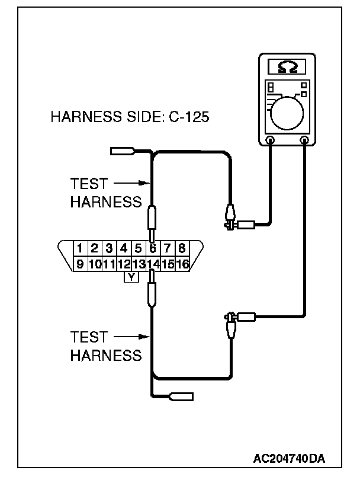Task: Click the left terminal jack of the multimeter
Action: pyautogui.click(x=271, y=140)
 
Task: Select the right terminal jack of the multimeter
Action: pyautogui.click(x=306, y=140)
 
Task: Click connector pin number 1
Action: pyautogui.click(x=79, y=248)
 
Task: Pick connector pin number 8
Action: pyautogui.click(x=182, y=248)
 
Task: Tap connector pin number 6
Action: pyautogui.click(x=153, y=248)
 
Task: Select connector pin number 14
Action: pyautogui.click(x=153, y=264)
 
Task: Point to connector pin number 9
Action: pyautogui.click(x=79, y=264)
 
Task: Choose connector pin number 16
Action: pyautogui.click(x=182, y=264)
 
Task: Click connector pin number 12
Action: pyautogui.click(x=124, y=264)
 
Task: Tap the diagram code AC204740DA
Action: pyautogui.click(x=290, y=458)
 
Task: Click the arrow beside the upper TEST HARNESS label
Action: pyautogui.click(x=127, y=183)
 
